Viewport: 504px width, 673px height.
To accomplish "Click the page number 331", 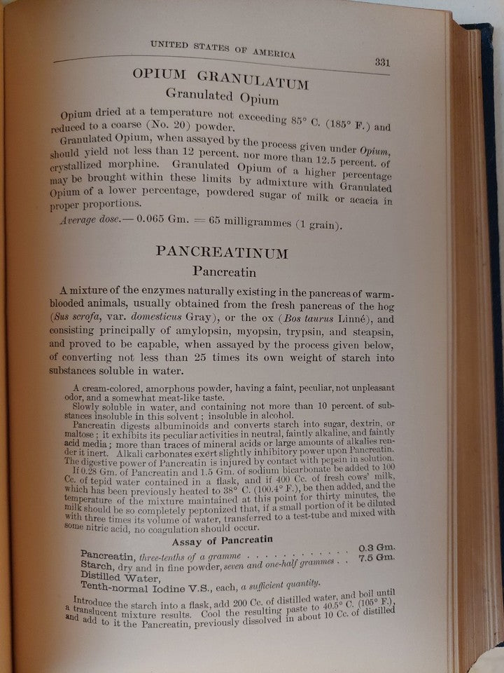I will click(381, 62).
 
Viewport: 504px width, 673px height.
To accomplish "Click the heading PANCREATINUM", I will click(222, 251).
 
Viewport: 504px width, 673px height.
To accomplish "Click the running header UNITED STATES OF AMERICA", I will click(223, 49).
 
